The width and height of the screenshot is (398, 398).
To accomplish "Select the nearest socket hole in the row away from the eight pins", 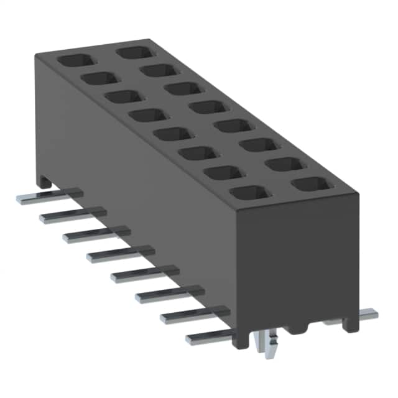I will pos(308,185).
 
